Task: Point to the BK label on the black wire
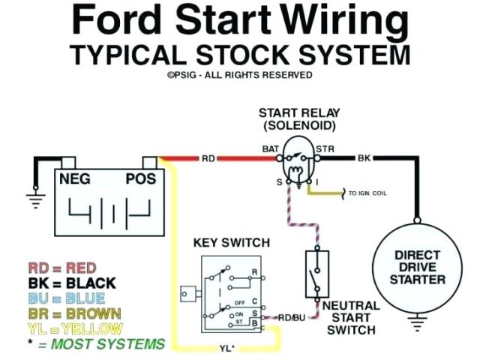point(364,159)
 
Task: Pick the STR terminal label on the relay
point(325,149)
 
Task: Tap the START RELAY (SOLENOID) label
point(297,118)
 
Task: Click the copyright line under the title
point(239,75)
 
